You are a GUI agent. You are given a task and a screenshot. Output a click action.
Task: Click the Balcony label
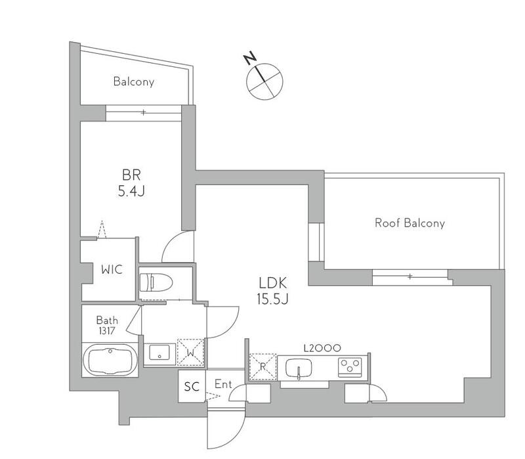click(x=133, y=82)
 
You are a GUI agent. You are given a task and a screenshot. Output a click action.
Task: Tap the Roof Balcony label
click(x=409, y=223)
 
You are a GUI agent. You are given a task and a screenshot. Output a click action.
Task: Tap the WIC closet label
click(x=110, y=269)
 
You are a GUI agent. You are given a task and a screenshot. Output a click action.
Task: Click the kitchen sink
click(x=299, y=368)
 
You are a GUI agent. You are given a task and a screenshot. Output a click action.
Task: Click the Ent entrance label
click(x=222, y=384)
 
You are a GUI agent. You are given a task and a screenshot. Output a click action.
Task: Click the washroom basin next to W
click(x=159, y=353)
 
